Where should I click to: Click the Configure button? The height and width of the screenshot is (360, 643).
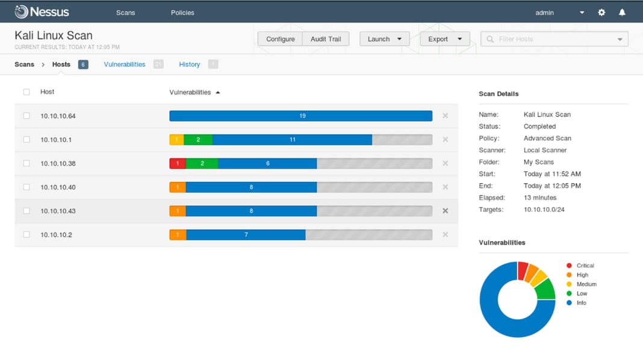pyautogui.click(x=280, y=39)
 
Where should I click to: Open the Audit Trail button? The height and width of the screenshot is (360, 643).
pyautogui.click(x=326, y=39)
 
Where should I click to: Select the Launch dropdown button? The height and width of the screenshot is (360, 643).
pyautogui.click(x=384, y=39)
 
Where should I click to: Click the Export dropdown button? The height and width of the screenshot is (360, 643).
pyautogui.click(x=444, y=39)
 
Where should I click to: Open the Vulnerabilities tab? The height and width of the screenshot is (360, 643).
pyautogui.click(x=125, y=64)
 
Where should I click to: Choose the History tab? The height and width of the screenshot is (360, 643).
pyautogui.click(x=189, y=64)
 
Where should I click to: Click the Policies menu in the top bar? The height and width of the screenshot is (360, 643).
pyautogui.click(x=182, y=13)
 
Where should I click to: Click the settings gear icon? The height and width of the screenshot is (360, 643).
pyautogui.click(x=601, y=13)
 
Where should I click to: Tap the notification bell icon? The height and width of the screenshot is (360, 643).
pyautogui.click(x=622, y=13)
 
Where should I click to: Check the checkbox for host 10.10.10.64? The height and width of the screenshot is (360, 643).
pyautogui.click(x=26, y=116)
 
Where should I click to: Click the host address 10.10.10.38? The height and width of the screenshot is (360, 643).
pyautogui.click(x=58, y=164)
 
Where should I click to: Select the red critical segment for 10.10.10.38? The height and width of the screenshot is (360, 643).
pyautogui.click(x=178, y=164)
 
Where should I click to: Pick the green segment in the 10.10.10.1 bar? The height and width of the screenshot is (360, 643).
pyautogui.click(x=198, y=140)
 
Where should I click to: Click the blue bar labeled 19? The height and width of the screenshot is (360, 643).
pyautogui.click(x=301, y=116)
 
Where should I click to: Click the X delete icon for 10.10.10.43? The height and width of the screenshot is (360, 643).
pyautogui.click(x=446, y=211)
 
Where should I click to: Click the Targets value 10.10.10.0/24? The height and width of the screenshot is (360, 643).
pyautogui.click(x=544, y=209)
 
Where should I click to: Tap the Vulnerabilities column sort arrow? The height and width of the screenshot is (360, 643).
pyautogui.click(x=218, y=93)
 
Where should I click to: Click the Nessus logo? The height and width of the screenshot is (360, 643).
pyautogui.click(x=42, y=12)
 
